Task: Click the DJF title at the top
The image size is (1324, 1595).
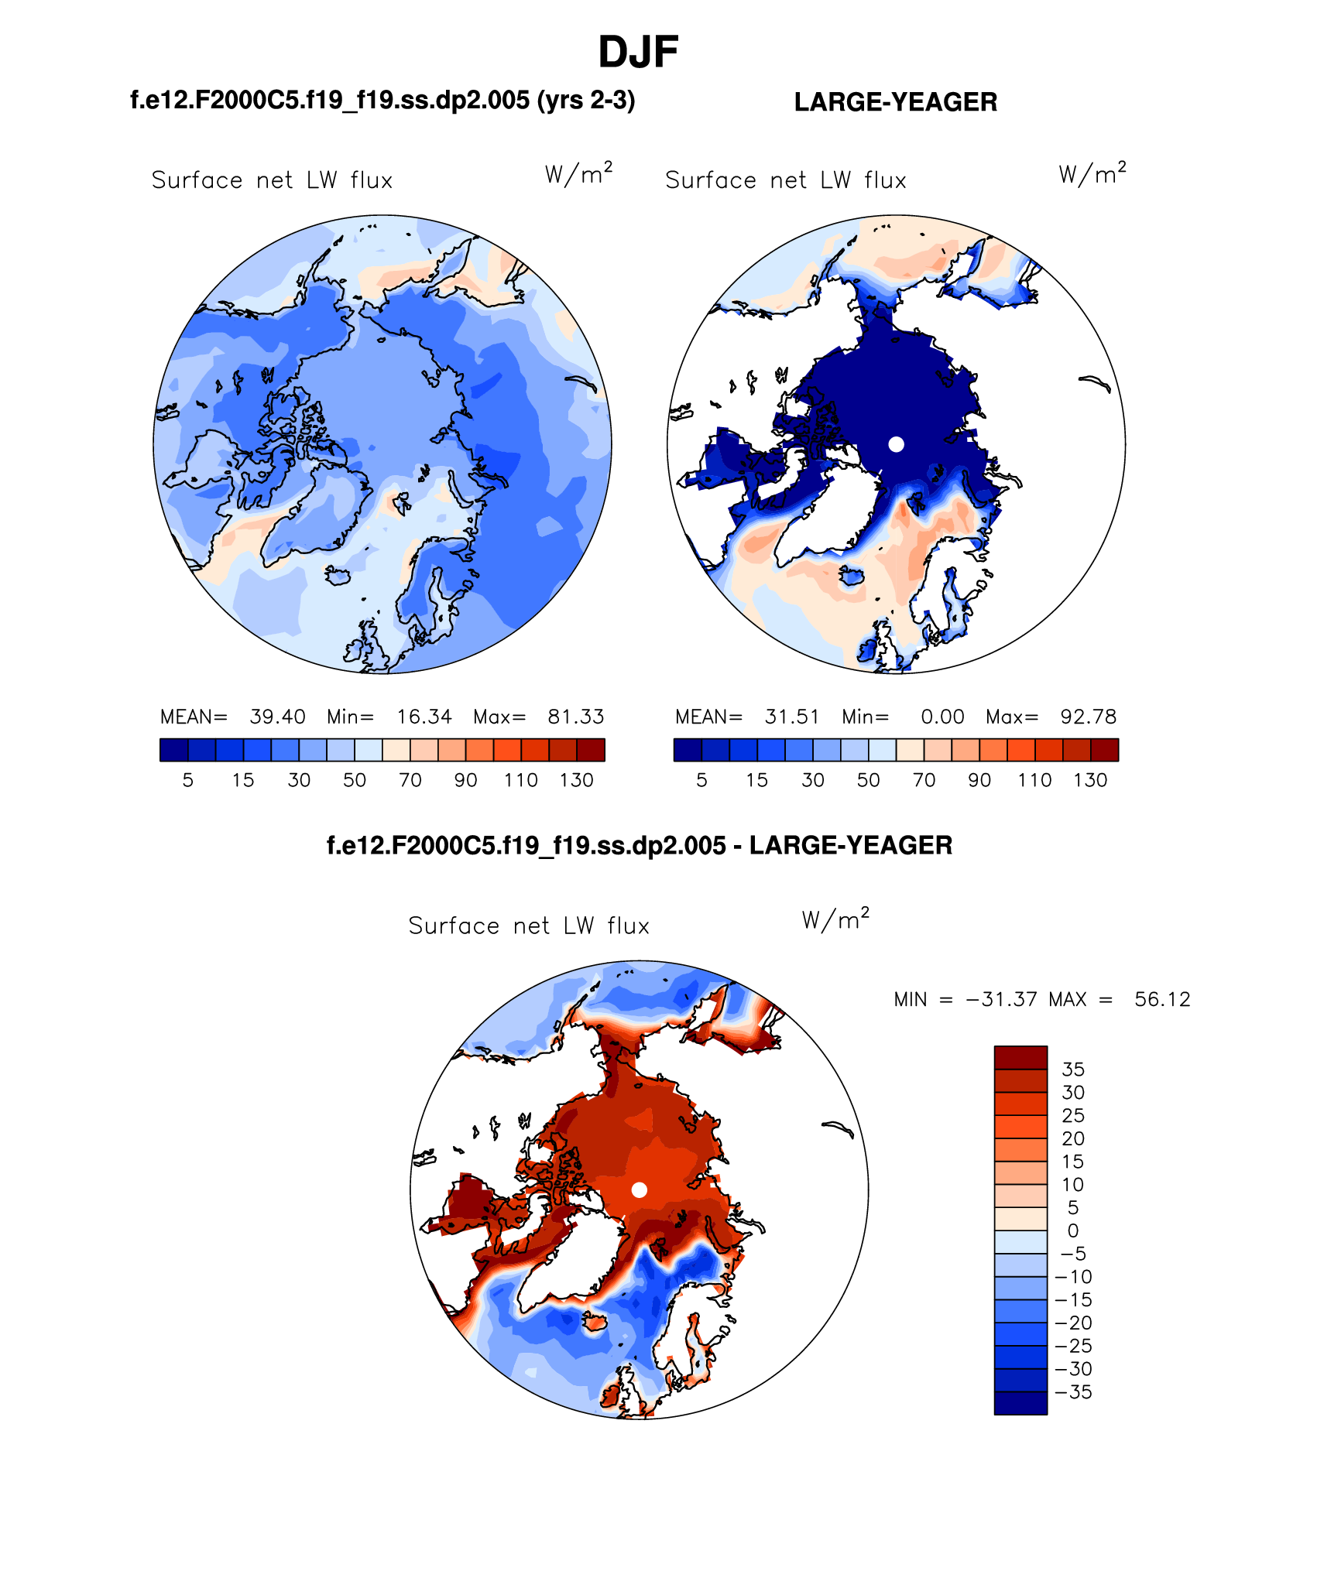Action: [638, 53]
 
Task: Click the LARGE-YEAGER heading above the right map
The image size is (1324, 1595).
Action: [895, 102]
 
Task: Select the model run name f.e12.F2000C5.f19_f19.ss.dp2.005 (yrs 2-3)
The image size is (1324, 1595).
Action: [382, 101]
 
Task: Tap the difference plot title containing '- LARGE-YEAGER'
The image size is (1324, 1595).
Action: [639, 845]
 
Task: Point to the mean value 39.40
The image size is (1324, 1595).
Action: [277, 717]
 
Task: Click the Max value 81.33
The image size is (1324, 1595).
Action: [575, 717]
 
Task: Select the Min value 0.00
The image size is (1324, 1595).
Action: [942, 717]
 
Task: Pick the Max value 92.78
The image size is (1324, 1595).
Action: [1088, 717]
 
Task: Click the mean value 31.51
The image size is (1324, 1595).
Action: [791, 717]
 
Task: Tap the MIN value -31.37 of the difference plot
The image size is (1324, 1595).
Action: [1001, 999]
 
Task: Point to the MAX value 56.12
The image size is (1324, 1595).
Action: [1161, 999]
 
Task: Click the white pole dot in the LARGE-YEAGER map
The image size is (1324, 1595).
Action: [896, 444]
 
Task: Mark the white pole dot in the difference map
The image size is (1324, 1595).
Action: [639, 1189]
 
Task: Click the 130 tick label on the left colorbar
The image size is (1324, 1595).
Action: [576, 780]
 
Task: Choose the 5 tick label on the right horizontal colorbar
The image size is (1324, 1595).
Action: [701, 780]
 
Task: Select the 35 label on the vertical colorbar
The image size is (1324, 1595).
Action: [1072, 1070]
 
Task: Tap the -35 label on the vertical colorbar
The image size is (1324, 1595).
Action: [1073, 1392]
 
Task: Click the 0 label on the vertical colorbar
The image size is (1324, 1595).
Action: [1072, 1231]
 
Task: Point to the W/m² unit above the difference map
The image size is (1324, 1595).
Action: [835, 919]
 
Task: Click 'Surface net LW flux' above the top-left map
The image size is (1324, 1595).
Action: [272, 180]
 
